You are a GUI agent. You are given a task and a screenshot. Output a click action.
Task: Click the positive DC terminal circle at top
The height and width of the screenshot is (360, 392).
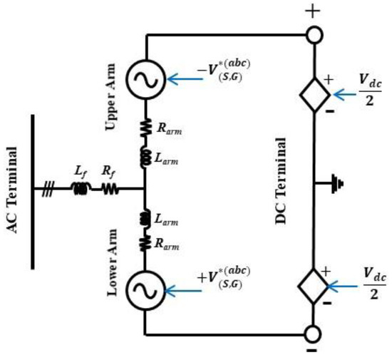click(314, 34)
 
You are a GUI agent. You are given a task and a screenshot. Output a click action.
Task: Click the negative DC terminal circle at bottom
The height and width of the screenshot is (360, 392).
click(314, 334)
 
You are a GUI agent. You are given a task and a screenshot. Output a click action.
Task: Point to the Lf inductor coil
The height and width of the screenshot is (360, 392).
click(80, 190)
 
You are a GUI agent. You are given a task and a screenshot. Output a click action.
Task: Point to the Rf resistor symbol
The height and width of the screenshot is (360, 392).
click(110, 190)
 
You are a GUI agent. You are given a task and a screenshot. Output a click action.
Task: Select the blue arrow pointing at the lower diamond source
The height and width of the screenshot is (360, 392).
click(348, 286)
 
